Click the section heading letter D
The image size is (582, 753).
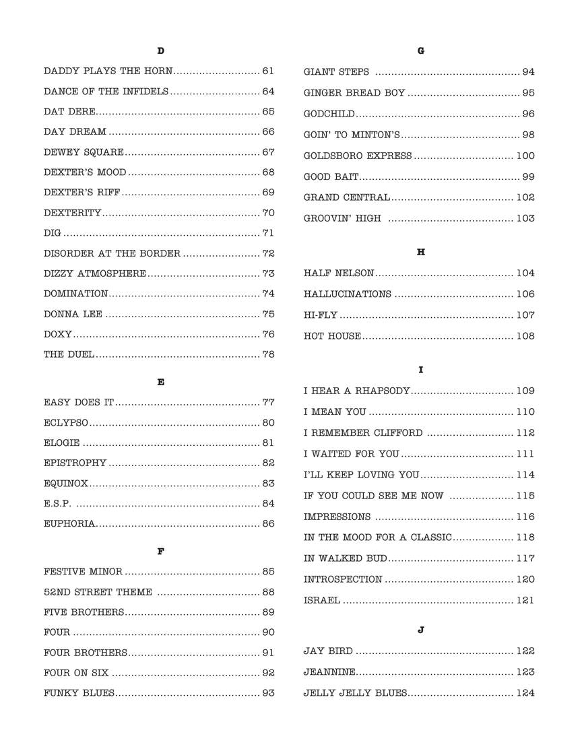160,51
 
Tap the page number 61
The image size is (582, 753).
268,71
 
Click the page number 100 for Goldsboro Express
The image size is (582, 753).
525,156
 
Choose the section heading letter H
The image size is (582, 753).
421,252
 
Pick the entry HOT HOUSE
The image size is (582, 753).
332,335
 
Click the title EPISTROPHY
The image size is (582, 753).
75,463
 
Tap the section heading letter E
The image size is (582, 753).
160,382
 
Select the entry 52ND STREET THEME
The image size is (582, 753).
98,592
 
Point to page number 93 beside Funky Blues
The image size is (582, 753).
268,693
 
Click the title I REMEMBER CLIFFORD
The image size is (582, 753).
363,433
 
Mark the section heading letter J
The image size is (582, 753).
421,630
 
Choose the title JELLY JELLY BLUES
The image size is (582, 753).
355,692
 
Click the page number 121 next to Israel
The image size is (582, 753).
525,600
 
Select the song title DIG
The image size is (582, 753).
52,233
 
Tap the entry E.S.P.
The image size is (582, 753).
58,503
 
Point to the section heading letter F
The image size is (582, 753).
160,552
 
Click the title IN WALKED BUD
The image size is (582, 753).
345,558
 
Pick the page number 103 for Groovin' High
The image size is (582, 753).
525,218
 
